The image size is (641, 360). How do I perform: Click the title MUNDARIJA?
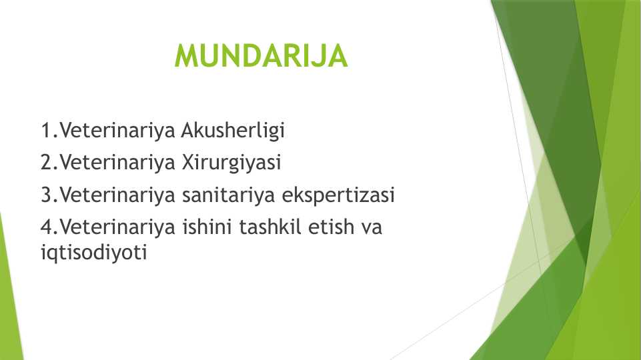click(261, 55)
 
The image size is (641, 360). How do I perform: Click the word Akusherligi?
click(233, 131)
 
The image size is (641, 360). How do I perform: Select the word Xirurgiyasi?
click(231, 163)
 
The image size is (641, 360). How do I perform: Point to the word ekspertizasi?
click(338, 195)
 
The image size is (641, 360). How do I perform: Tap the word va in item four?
click(371, 228)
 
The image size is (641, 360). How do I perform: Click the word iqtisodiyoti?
click(93, 253)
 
